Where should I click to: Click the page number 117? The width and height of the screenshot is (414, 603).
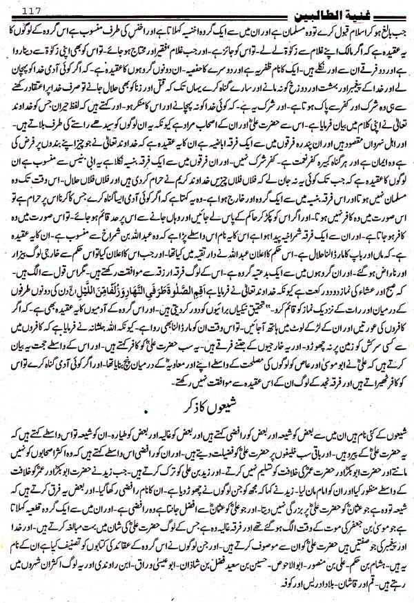tap(34, 9)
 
